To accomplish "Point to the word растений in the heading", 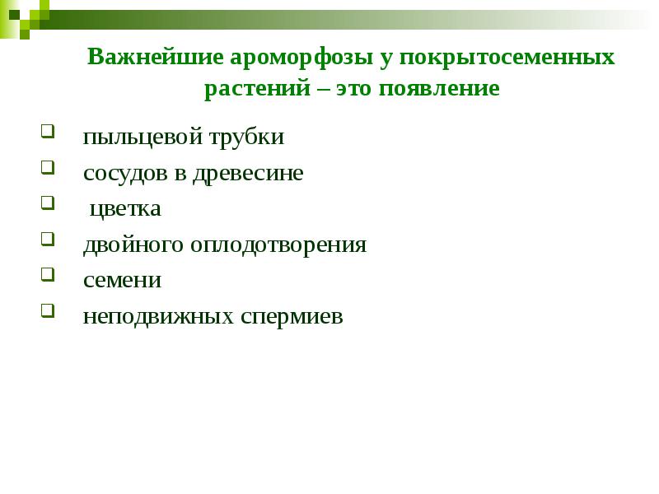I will [255, 88].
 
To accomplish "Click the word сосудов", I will [124, 173].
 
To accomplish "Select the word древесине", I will [248, 173].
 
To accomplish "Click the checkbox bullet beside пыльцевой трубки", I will [47, 131].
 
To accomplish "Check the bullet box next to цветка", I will [47, 203].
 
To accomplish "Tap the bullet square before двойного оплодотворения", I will [47, 239].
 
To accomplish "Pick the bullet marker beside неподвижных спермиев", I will [47, 310].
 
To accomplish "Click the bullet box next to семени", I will [47, 274].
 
